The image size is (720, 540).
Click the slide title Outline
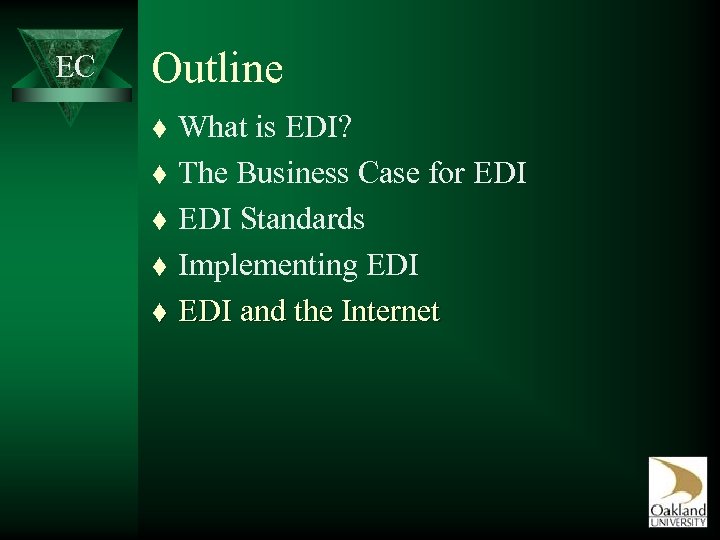coord(217,69)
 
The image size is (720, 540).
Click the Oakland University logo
coord(677,491)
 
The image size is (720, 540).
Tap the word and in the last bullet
coord(262,312)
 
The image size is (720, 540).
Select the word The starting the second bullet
coord(205,173)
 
